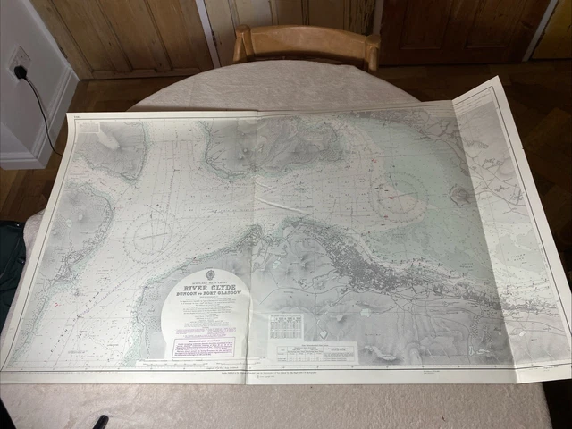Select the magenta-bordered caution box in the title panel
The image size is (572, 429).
pyautogui.click(x=203, y=347)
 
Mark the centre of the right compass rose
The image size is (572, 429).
pyautogui.click(x=399, y=195)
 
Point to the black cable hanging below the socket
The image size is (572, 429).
pyautogui.click(x=40, y=112)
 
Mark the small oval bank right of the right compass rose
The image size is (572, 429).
pyautogui.click(x=460, y=194)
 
